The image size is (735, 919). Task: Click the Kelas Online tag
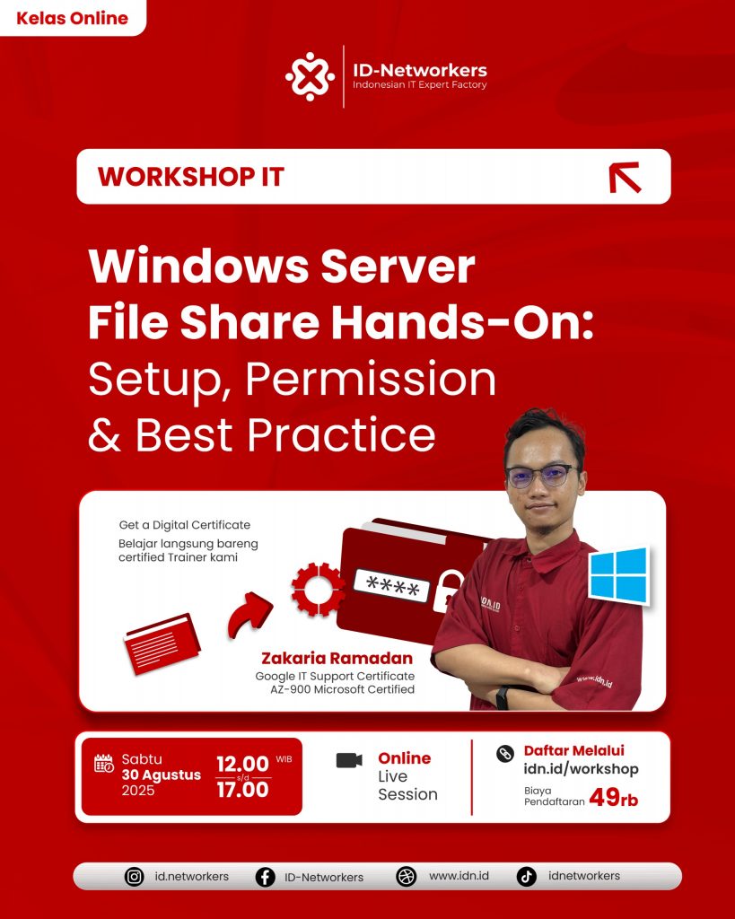72,18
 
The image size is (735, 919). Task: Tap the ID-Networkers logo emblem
310,76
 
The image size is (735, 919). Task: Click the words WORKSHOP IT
191,177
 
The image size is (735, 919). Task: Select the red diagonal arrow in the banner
626,178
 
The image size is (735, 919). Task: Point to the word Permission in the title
371,380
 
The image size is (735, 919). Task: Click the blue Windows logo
618,575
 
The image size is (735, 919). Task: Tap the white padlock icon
448,592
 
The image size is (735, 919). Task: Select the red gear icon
318,589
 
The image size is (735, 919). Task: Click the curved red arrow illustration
249,615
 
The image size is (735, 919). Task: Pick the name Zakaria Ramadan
337,658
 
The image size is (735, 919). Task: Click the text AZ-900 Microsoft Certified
342,689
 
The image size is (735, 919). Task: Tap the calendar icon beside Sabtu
104,763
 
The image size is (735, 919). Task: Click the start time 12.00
242,765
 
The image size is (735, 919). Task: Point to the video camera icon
349,760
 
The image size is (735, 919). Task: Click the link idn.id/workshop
581,769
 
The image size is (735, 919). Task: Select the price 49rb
614,798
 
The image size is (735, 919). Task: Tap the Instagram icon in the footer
135,877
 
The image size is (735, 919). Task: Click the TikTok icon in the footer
526,877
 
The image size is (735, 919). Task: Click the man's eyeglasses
542,476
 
